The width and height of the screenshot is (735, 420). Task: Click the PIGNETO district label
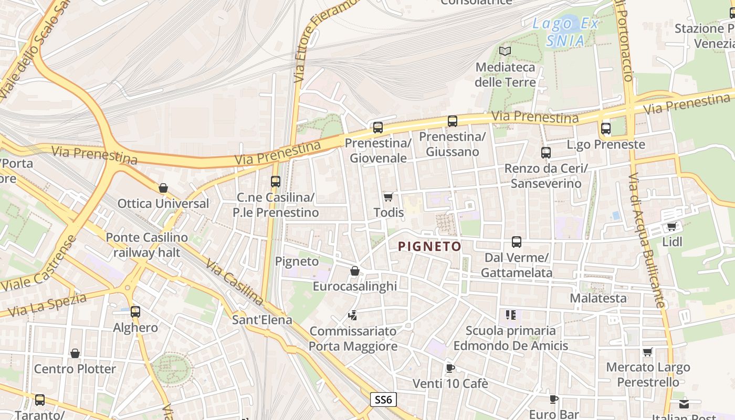coord(429,246)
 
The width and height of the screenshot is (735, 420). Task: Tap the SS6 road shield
coord(383,400)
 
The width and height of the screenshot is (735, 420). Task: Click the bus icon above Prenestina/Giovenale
coord(378,127)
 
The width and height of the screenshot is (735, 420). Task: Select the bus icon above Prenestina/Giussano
coord(453,121)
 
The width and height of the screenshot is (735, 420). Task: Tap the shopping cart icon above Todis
coord(388,197)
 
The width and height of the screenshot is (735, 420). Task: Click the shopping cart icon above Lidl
coord(671,227)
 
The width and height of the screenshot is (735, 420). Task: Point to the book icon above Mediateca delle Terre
coord(505,51)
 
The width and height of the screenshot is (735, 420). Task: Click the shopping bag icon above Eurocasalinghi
coord(355,271)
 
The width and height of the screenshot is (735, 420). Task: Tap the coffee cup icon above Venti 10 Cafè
coord(450,368)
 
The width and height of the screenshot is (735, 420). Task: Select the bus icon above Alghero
coord(135,312)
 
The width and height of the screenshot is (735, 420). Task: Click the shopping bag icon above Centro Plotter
coord(75,353)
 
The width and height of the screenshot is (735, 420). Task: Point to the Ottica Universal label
coord(163,203)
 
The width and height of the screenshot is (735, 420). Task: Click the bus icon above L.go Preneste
coord(606,128)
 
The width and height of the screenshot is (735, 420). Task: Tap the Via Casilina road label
coord(234,282)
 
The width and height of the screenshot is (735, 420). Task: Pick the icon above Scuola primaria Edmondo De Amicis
coord(511,315)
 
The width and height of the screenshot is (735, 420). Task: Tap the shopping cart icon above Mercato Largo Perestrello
coord(648,352)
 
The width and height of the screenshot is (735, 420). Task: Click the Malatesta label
coord(598,298)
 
